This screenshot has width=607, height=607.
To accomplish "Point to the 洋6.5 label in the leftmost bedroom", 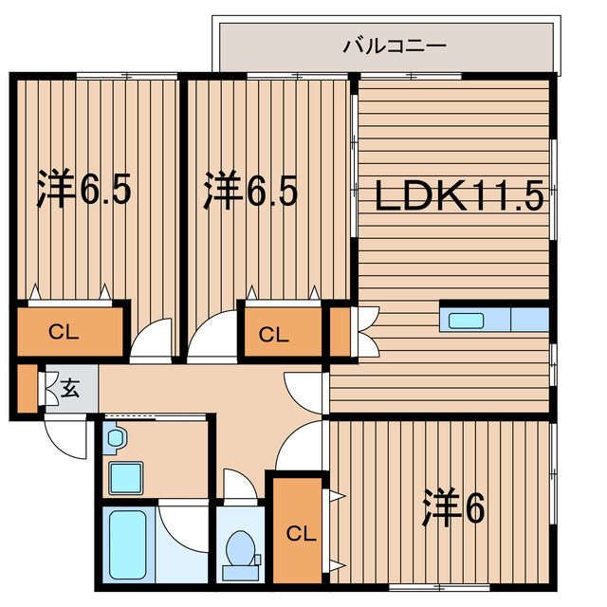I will pyautogui.click(x=84, y=190).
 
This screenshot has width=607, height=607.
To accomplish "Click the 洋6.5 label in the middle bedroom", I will pyautogui.click(x=251, y=190).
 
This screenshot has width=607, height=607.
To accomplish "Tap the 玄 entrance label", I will pyautogui.click(x=69, y=387).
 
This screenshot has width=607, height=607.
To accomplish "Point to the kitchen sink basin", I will pyautogui.click(x=465, y=320).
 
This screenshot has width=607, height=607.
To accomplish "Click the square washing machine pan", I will pyautogui.click(x=125, y=477).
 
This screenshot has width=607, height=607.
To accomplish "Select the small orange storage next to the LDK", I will pyautogui.click(x=339, y=331).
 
